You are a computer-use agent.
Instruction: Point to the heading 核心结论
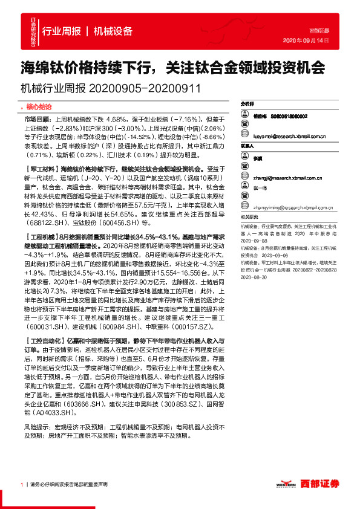point(42,105)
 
